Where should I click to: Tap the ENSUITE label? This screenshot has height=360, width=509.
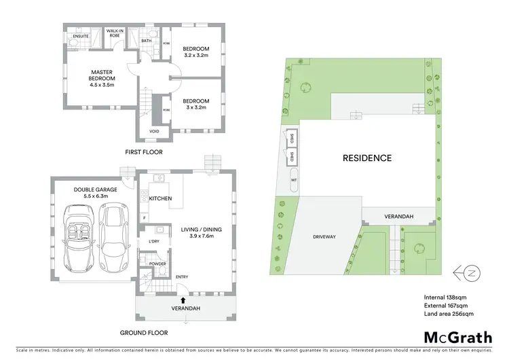tap(81, 36)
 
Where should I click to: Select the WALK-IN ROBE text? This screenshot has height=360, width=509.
tap(113, 33)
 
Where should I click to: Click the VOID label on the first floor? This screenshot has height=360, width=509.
tap(154, 131)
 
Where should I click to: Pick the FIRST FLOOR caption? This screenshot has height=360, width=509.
tap(143, 152)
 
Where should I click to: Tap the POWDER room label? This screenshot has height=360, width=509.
tap(158, 264)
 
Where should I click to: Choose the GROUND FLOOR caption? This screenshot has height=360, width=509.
tap(143, 333)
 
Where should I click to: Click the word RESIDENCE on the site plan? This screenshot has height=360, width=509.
tap(366, 158)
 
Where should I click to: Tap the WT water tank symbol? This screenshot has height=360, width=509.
tap(294, 181)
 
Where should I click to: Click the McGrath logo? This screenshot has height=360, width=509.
tap(459, 337)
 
